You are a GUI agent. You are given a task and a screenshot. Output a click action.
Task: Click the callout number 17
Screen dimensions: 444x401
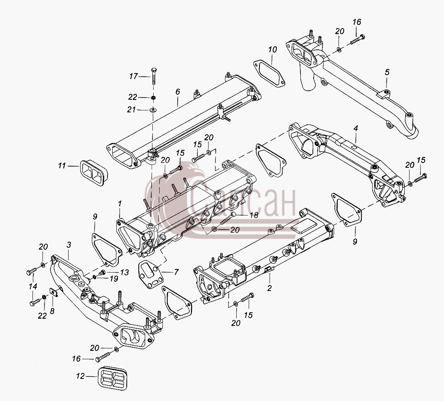[x=134, y=76]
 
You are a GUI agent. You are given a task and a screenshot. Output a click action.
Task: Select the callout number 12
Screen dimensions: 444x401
[x=81, y=376]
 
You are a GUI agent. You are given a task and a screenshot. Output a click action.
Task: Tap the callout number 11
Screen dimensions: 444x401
[x=62, y=165]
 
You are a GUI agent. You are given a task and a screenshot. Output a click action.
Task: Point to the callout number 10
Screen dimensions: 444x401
[x=272, y=50]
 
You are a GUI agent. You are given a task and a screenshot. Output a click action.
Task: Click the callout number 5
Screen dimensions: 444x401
[x=387, y=72]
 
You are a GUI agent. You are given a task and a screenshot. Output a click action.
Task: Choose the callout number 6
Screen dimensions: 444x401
[x=178, y=92]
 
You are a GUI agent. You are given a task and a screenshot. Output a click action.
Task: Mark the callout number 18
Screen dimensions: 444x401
[x=254, y=215]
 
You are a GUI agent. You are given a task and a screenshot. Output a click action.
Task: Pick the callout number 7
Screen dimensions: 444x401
[x=176, y=272]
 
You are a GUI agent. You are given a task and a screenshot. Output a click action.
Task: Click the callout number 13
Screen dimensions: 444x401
[x=125, y=272]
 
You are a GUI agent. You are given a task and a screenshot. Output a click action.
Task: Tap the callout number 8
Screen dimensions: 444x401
[x=52, y=311]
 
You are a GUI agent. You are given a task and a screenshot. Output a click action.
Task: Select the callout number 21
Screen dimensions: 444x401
[x=132, y=110]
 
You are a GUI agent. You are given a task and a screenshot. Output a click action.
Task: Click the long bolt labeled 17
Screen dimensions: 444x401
[x=154, y=76]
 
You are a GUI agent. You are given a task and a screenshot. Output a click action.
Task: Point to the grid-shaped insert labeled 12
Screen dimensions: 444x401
[x=113, y=377]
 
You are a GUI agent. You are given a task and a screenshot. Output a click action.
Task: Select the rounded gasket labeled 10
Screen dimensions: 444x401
[x=269, y=73]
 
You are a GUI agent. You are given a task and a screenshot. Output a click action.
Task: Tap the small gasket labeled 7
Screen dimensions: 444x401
[x=151, y=275]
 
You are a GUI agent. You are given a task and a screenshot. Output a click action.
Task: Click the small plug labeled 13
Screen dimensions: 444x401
[x=102, y=273]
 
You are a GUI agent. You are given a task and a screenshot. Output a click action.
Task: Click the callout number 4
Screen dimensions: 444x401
[x=356, y=128]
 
